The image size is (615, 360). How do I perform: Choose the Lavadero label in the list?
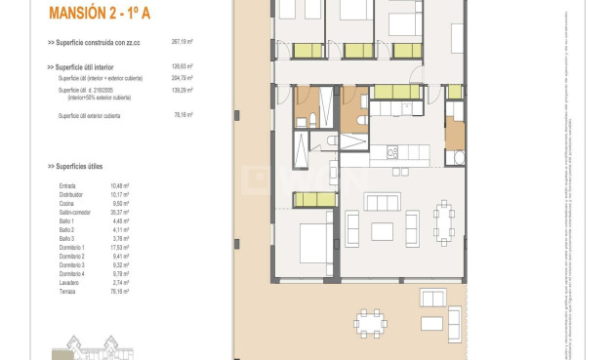69,282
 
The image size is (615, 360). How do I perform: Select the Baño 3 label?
66,238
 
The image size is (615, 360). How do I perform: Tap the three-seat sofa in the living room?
382,202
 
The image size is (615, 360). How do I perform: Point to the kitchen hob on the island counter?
394,152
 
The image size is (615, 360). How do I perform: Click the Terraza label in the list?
67,291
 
